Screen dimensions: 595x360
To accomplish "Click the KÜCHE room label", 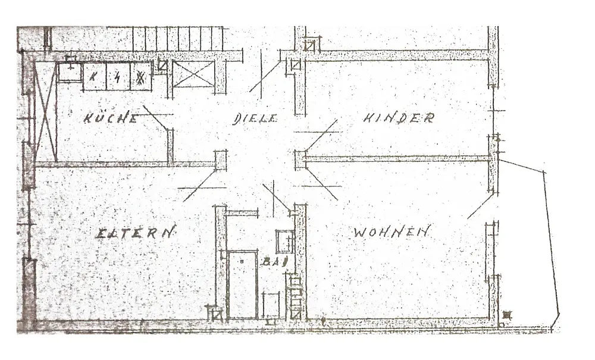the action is tap(111, 118).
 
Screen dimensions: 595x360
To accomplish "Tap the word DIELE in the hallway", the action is tap(254, 118).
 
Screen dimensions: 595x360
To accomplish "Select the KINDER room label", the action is tap(398, 118).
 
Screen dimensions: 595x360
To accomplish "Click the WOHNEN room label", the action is tap(391, 232).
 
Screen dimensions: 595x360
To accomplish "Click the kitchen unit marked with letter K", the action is tap(94, 77).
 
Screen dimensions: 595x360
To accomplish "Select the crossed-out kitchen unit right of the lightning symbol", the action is tap(141, 77).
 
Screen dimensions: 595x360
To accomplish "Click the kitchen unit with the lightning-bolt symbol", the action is tap(118, 77).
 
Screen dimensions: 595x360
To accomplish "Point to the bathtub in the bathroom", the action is tap(243, 284).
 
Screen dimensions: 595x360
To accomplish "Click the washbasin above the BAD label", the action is tap(285, 241).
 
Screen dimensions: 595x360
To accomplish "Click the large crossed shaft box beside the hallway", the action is tap(193, 74).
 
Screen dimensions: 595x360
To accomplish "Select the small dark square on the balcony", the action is tap(506, 315).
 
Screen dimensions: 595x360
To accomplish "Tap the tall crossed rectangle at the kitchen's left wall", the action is tap(46, 113).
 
